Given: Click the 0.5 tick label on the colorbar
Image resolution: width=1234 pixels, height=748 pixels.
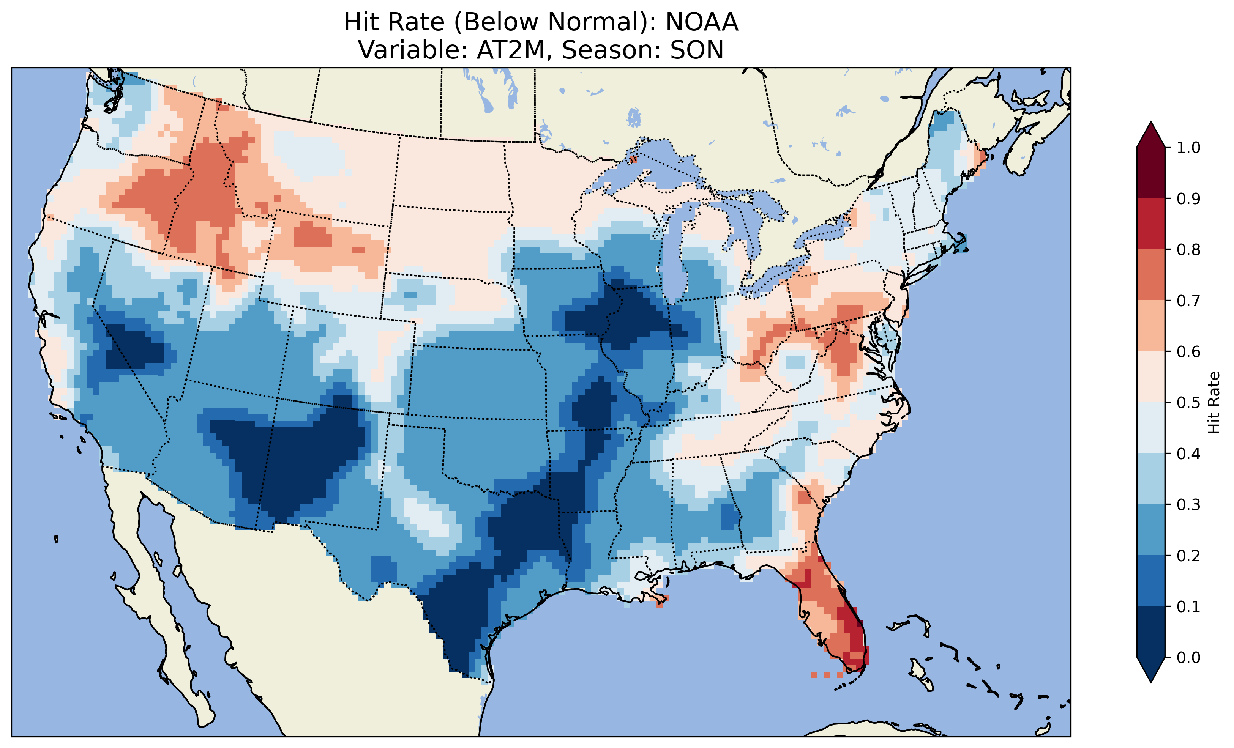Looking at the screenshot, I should click(1188, 403).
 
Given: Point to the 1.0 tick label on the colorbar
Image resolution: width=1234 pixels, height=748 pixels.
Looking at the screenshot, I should click(1188, 148).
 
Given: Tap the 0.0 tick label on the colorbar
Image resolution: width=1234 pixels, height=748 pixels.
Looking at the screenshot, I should click(1188, 657).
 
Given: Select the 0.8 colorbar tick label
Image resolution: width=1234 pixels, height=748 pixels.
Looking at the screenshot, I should click(1188, 249).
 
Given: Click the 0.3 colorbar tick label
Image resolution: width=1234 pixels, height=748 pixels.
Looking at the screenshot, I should click(1188, 505).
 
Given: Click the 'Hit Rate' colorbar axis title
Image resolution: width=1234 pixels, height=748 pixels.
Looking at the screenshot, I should click(1214, 403).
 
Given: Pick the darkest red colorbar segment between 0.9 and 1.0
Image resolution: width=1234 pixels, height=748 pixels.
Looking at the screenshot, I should click(1151, 173).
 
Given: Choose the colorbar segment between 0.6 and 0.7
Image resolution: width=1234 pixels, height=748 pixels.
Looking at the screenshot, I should click(1151, 326).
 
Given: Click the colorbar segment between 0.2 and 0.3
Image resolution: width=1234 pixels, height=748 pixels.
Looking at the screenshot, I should click(1151, 530).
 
